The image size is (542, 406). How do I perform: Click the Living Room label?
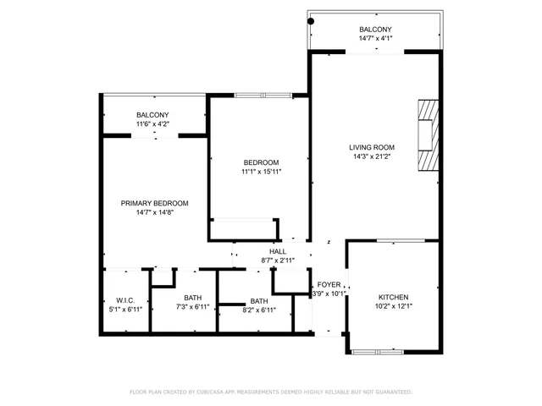pos(373,146)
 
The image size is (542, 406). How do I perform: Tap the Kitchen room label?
pos(393,297)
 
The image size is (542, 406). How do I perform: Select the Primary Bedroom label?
pos(154,203)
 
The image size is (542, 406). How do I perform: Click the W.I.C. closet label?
pos(125,300)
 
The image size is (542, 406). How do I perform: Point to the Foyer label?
pos(329,284)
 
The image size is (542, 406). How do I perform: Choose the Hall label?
pos(278,251)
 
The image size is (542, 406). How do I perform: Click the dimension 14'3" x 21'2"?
pos(373,156)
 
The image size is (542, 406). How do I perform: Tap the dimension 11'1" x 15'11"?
pos(261,172)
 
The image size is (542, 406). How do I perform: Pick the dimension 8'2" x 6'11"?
pos(259,310)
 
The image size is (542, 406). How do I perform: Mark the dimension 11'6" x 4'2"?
pos(152,124)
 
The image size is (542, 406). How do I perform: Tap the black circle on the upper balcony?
pos(312,20)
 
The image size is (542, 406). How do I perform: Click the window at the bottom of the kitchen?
pos(379,350)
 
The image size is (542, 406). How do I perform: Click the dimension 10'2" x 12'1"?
pos(393,307)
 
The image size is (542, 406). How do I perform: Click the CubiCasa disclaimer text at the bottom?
pos(271,392)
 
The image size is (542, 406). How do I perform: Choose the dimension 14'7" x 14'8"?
pos(154,213)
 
